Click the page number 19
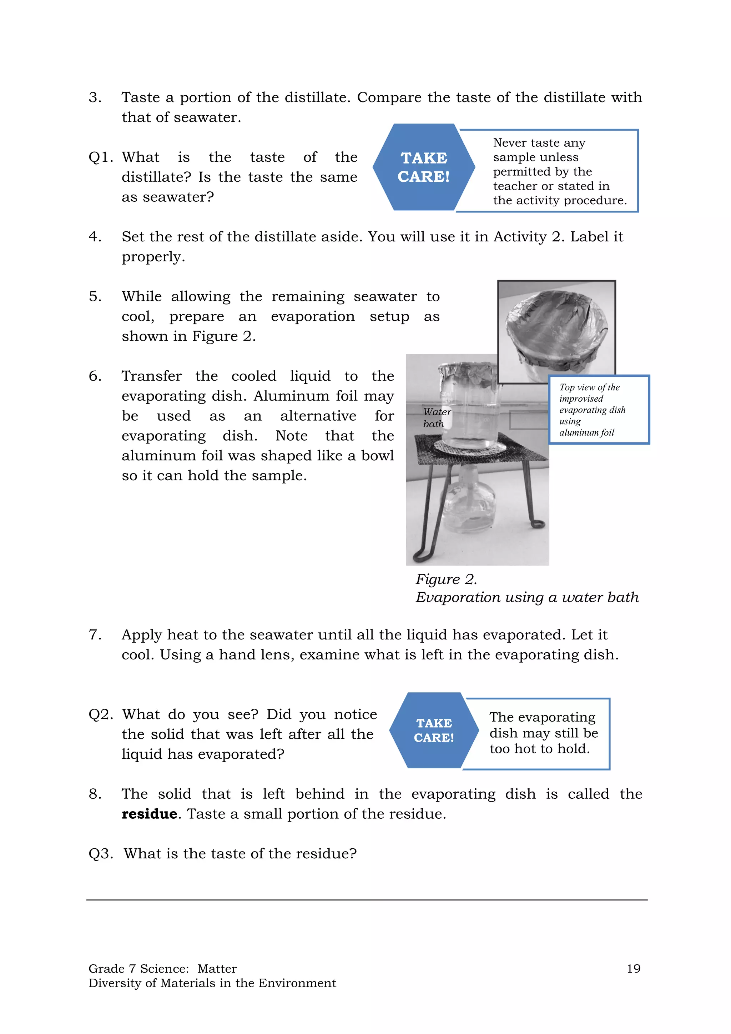click(633, 968)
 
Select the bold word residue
click(149, 814)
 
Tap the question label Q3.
click(100, 853)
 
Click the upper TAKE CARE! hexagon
click(424, 167)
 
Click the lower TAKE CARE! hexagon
click(433, 730)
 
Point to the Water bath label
click(436, 417)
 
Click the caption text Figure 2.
click(445, 579)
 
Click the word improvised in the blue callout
click(581, 398)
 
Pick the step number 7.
click(95, 634)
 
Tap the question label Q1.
click(100, 157)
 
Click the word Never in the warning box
click(510, 143)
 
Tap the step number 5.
click(95, 296)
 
